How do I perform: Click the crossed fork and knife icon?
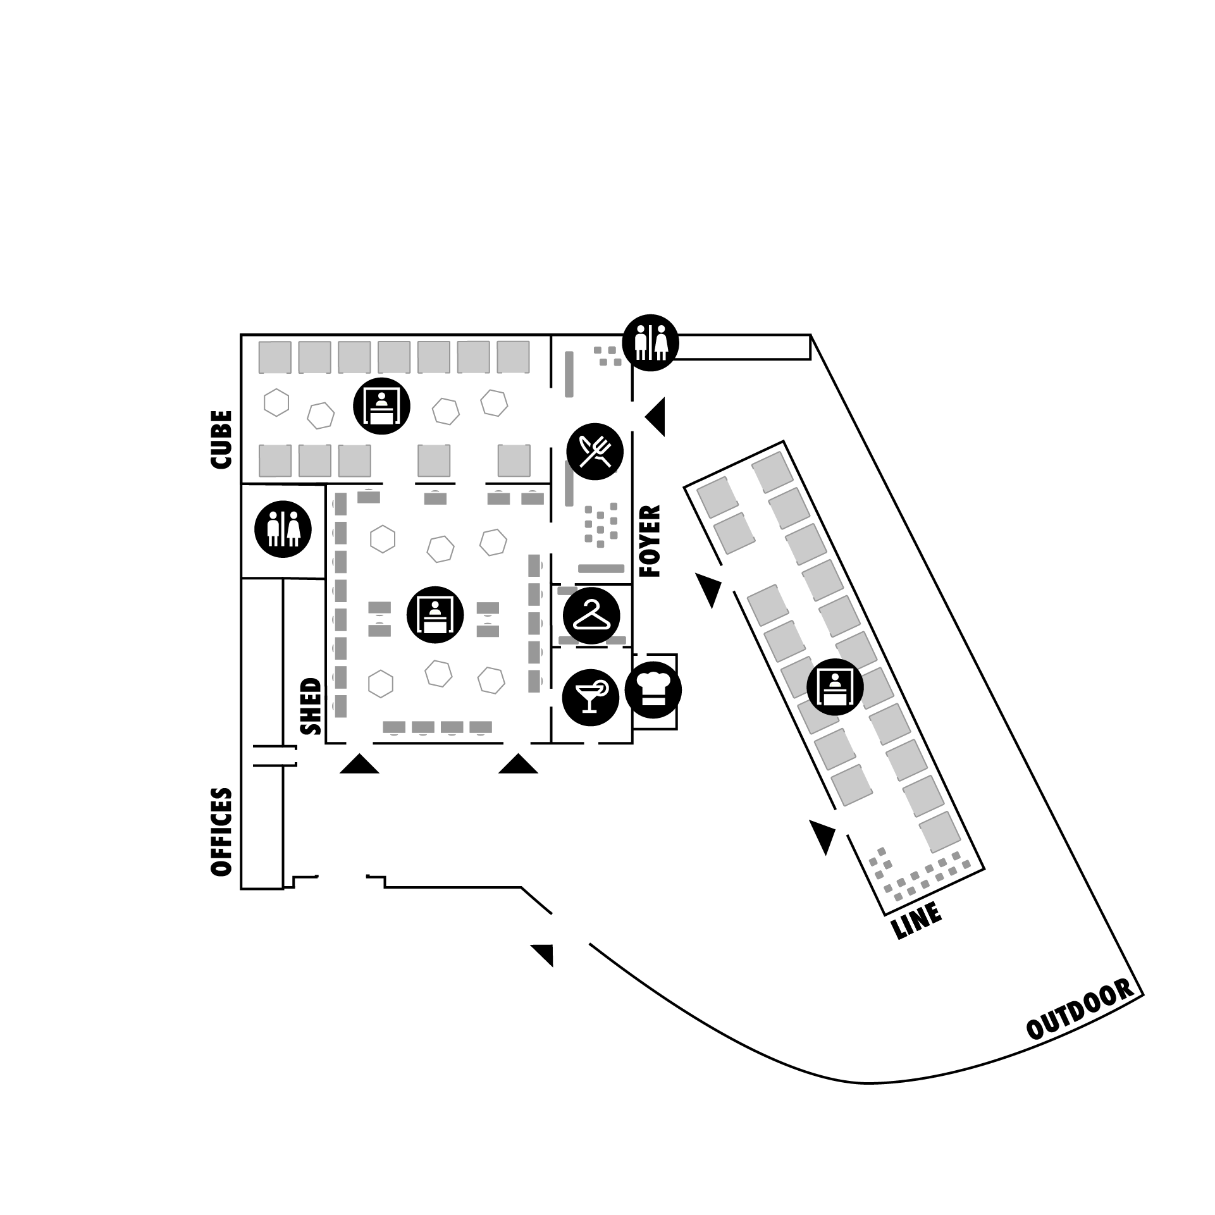coord(595,452)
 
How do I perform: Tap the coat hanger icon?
coord(591,615)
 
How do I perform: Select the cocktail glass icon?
coord(591,696)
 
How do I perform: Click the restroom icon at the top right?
coord(651,343)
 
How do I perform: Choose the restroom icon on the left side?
coord(283,529)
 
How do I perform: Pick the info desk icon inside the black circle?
coord(835,686)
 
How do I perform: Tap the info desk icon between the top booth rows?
coord(381,405)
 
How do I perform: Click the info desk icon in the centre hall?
coord(435,614)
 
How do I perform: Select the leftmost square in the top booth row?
coord(274,357)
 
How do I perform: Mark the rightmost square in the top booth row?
coord(513,357)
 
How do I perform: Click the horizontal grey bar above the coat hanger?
coord(601,569)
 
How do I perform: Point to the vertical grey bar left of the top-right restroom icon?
coord(569,374)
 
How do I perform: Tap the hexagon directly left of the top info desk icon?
coord(321,416)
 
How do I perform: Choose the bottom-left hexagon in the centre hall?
coord(381,684)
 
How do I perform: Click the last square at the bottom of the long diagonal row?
coord(940,832)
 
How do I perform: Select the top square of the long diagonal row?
coord(772,472)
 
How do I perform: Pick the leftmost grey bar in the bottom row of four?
coord(394,727)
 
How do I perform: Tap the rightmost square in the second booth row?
coord(514,460)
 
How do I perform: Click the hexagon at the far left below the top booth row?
coord(276,402)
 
